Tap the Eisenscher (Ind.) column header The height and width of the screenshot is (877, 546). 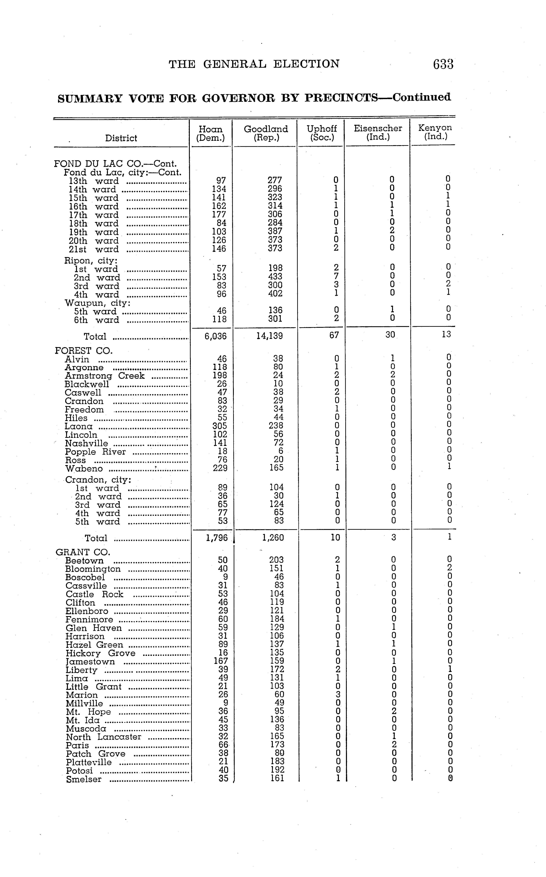(x=378, y=132)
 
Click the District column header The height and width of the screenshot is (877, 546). (x=121, y=138)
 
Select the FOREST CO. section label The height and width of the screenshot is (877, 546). (x=84, y=350)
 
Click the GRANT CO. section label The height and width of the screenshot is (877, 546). (x=83, y=552)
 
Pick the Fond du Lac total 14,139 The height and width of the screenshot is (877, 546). (x=269, y=336)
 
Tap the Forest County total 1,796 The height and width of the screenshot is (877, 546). (x=217, y=538)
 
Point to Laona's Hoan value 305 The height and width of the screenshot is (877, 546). (x=220, y=426)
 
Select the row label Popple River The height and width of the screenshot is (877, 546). (x=95, y=452)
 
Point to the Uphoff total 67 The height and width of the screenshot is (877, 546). (x=334, y=335)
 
